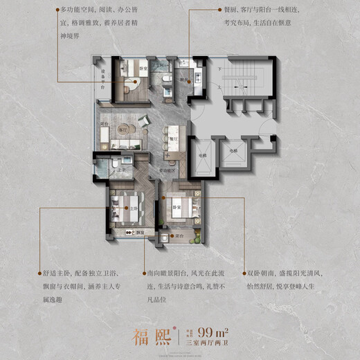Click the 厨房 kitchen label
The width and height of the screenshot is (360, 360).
pyautogui.click(x=184, y=79)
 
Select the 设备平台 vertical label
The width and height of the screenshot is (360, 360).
pyautogui.click(x=102, y=82)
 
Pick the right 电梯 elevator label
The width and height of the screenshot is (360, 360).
pyautogui.click(x=233, y=150)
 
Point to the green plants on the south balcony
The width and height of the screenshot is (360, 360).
pyautogui.click(x=196, y=240)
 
